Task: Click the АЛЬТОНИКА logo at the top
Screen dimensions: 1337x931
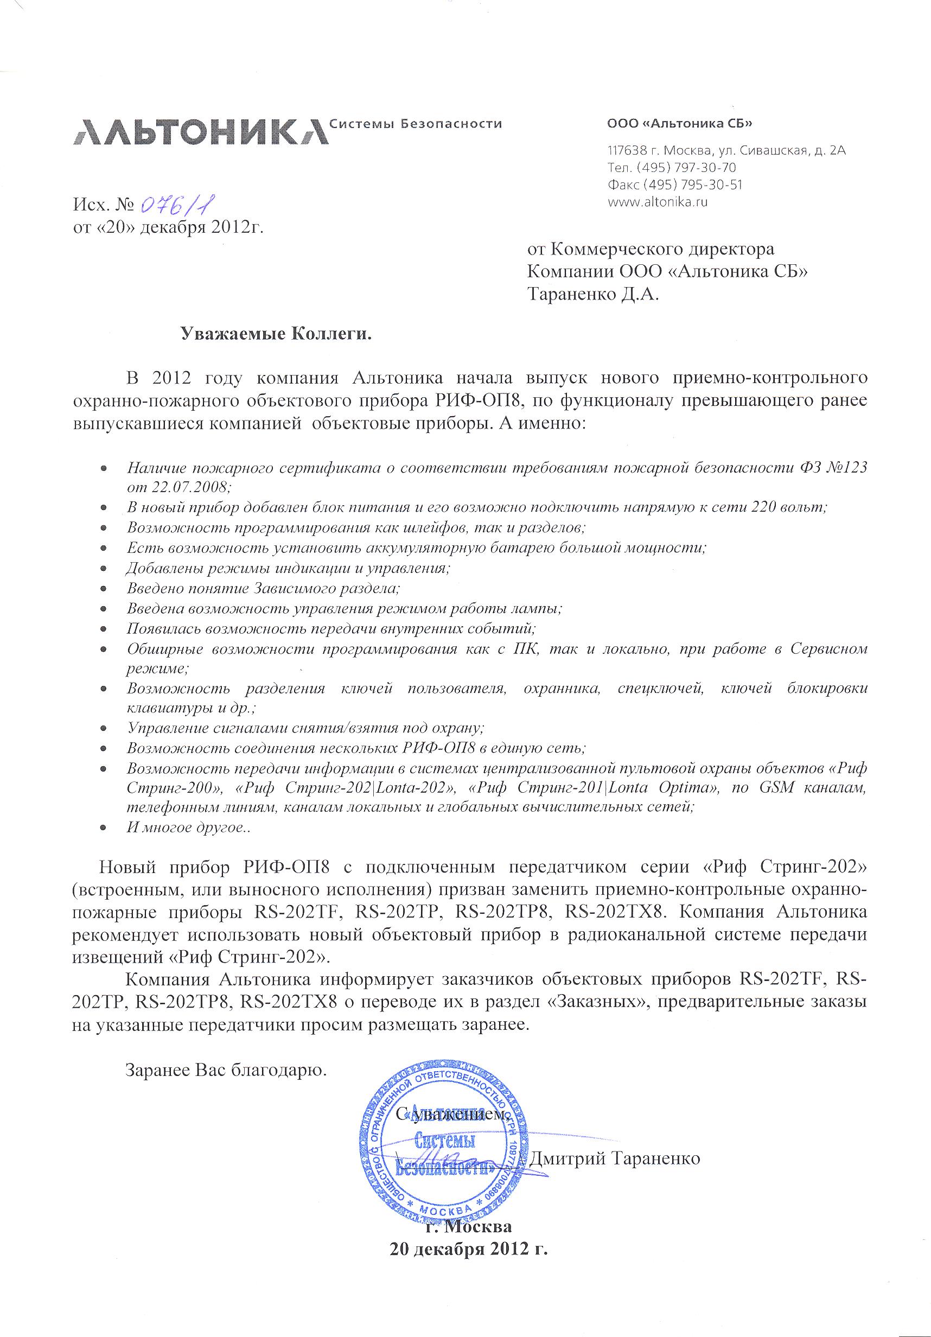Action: pos(201,132)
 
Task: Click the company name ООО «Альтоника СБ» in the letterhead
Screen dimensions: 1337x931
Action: pos(679,124)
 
